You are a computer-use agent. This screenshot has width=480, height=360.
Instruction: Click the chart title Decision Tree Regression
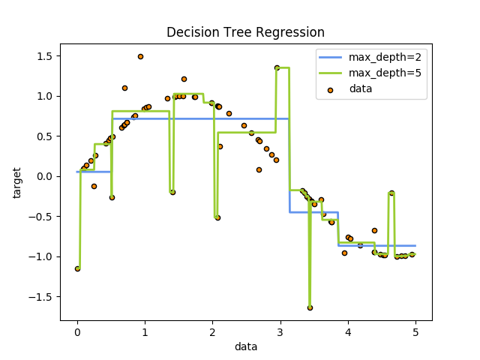point(245,32)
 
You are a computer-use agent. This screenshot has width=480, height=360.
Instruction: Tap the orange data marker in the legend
point(332,89)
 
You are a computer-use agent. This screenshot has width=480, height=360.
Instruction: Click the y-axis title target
point(17,182)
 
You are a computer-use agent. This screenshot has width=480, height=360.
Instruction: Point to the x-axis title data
point(245,347)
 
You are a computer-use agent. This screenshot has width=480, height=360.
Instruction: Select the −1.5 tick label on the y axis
point(40,296)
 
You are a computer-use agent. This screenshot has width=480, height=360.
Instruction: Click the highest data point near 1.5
point(140,56)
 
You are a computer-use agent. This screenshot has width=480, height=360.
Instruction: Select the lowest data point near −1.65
point(310,307)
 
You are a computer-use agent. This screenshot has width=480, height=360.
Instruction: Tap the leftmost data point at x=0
point(77,268)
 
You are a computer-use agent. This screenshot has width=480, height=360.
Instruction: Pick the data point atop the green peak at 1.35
point(277,67)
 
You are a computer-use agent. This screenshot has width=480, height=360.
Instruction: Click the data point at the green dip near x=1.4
point(172,192)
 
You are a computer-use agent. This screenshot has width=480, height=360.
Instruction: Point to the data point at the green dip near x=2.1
point(217,217)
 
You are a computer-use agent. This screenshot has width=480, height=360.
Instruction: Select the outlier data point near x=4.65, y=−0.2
point(391,193)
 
